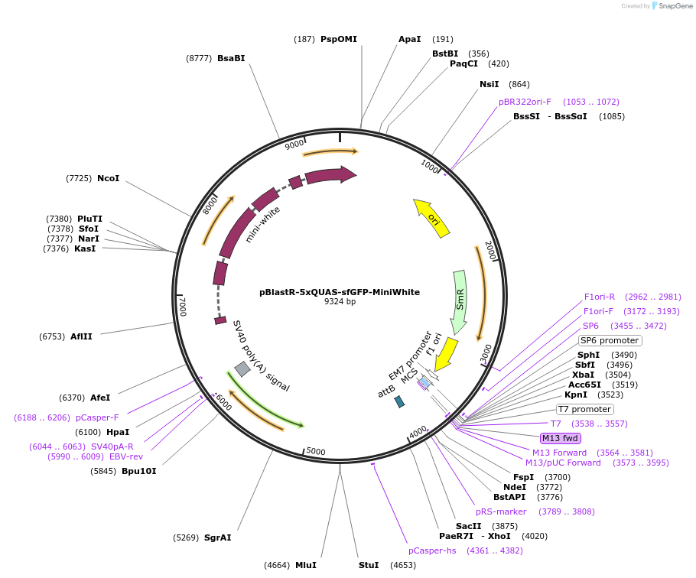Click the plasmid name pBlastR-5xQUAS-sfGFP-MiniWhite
click(x=340, y=292)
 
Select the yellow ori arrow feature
click(x=432, y=219)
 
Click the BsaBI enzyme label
click(x=231, y=58)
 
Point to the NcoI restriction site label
click(x=108, y=178)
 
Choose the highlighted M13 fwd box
click(x=561, y=438)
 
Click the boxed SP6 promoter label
click(x=610, y=340)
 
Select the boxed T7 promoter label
click(x=584, y=409)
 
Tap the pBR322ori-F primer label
click(x=525, y=102)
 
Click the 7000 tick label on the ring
click(x=183, y=306)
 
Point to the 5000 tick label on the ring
click(x=316, y=452)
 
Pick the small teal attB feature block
click(x=398, y=401)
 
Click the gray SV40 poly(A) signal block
click(x=242, y=369)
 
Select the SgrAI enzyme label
click(x=217, y=537)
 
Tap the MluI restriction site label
click(x=305, y=565)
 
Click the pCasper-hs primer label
click(x=433, y=550)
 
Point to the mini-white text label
click(x=262, y=224)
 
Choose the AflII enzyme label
click(x=81, y=336)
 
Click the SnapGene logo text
click(x=677, y=5)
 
